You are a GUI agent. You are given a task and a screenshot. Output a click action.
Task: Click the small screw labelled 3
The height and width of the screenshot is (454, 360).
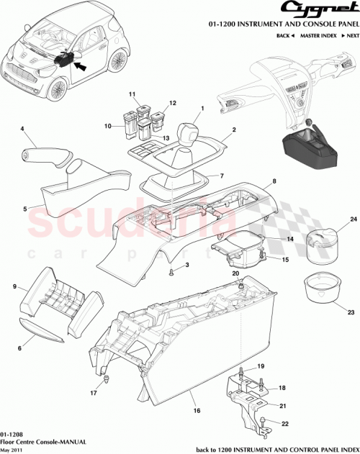click(172, 272)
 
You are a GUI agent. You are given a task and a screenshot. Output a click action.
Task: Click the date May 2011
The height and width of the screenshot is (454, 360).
click(12, 449)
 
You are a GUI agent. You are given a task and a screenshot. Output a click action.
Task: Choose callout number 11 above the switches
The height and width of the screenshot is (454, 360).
click(132, 95)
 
